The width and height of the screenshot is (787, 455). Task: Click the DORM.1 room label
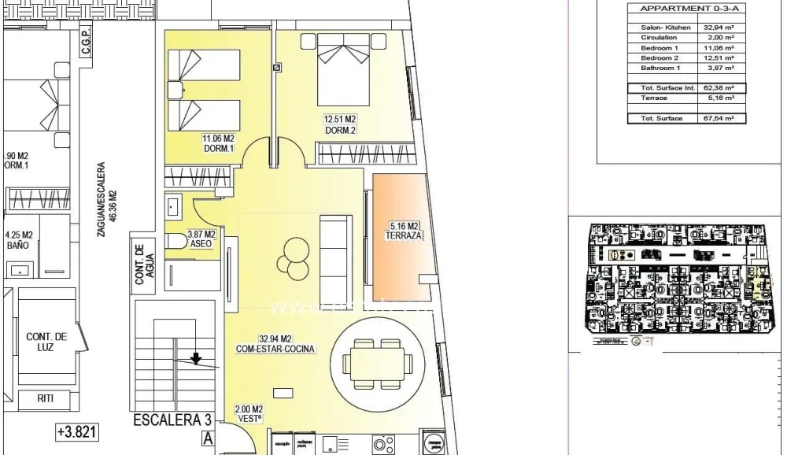coord(220,148)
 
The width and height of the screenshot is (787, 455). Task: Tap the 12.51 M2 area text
coord(341,120)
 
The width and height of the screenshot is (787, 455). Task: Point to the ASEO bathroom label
coord(201,244)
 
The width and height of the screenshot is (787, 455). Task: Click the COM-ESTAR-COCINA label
coord(275,347)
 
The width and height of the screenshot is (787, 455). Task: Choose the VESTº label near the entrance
coord(248,420)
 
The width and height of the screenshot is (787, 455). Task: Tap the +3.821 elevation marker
coord(77,432)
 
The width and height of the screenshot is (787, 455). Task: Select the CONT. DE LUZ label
coord(46,342)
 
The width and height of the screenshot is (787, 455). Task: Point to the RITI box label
coord(46,398)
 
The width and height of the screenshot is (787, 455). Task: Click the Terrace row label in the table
coord(654,98)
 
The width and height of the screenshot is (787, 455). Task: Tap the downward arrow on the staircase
coord(196,359)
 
